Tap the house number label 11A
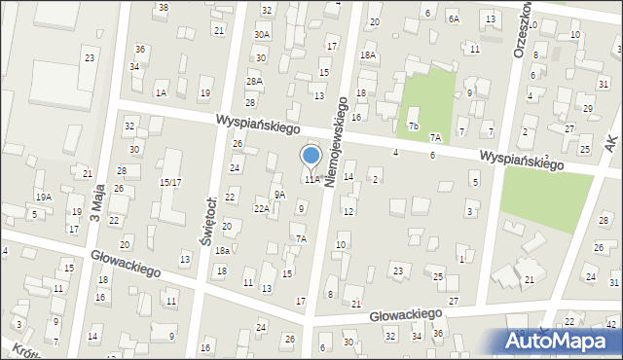click(x=311, y=179)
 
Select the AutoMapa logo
click(x=559, y=342)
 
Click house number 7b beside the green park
click(x=414, y=126)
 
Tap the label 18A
click(x=367, y=55)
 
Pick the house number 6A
click(x=454, y=18)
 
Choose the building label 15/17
click(x=170, y=182)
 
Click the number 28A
click(x=254, y=82)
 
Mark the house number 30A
click(x=262, y=34)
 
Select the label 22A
click(x=262, y=208)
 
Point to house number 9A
click(x=279, y=195)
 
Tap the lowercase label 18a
click(x=222, y=250)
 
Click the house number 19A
click(x=43, y=197)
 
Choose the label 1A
click(x=161, y=92)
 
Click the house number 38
click(x=163, y=7)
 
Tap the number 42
click(x=610, y=323)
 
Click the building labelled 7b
click(x=414, y=126)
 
